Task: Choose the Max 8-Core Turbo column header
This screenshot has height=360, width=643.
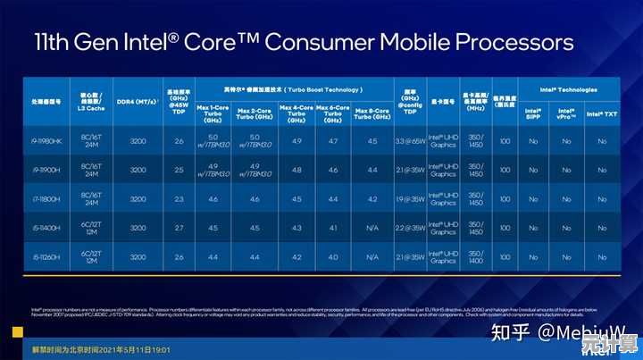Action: (x=372, y=113)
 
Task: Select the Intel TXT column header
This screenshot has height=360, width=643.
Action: (x=602, y=113)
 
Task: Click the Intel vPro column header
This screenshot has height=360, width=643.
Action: (x=567, y=113)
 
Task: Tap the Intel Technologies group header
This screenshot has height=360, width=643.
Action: (x=568, y=90)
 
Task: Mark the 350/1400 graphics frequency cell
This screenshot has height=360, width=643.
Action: (x=474, y=257)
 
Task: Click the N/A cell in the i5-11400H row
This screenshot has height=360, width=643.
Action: (x=372, y=229)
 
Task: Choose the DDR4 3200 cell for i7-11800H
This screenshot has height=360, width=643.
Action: (x=138, y=199)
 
